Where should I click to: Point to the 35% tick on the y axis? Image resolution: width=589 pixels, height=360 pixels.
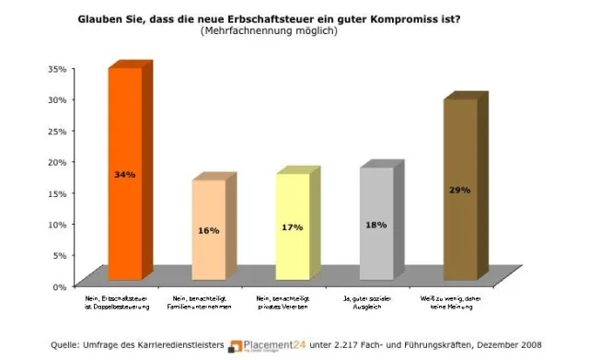57,68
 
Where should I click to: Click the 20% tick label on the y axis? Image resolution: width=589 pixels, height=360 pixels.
57,162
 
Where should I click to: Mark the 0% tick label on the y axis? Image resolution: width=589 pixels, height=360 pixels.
60,286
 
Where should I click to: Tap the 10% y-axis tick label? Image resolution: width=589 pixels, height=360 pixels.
57,224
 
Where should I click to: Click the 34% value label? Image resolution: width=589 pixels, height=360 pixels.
124,174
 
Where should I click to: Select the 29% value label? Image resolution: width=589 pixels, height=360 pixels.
460,190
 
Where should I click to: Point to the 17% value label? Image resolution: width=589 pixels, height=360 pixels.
292,226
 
